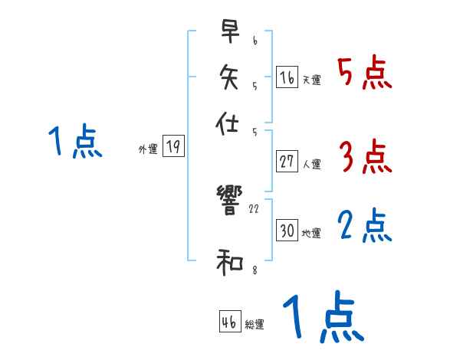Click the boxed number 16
click(287, 78)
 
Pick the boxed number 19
click(174, 147)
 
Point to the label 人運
click(312, 164)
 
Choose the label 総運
click(255, 325)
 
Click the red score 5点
click(364, 74)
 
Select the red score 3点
click(365, 157)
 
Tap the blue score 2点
click(365, 226)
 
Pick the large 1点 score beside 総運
click(323, 318)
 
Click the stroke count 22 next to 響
click(255, 208)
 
